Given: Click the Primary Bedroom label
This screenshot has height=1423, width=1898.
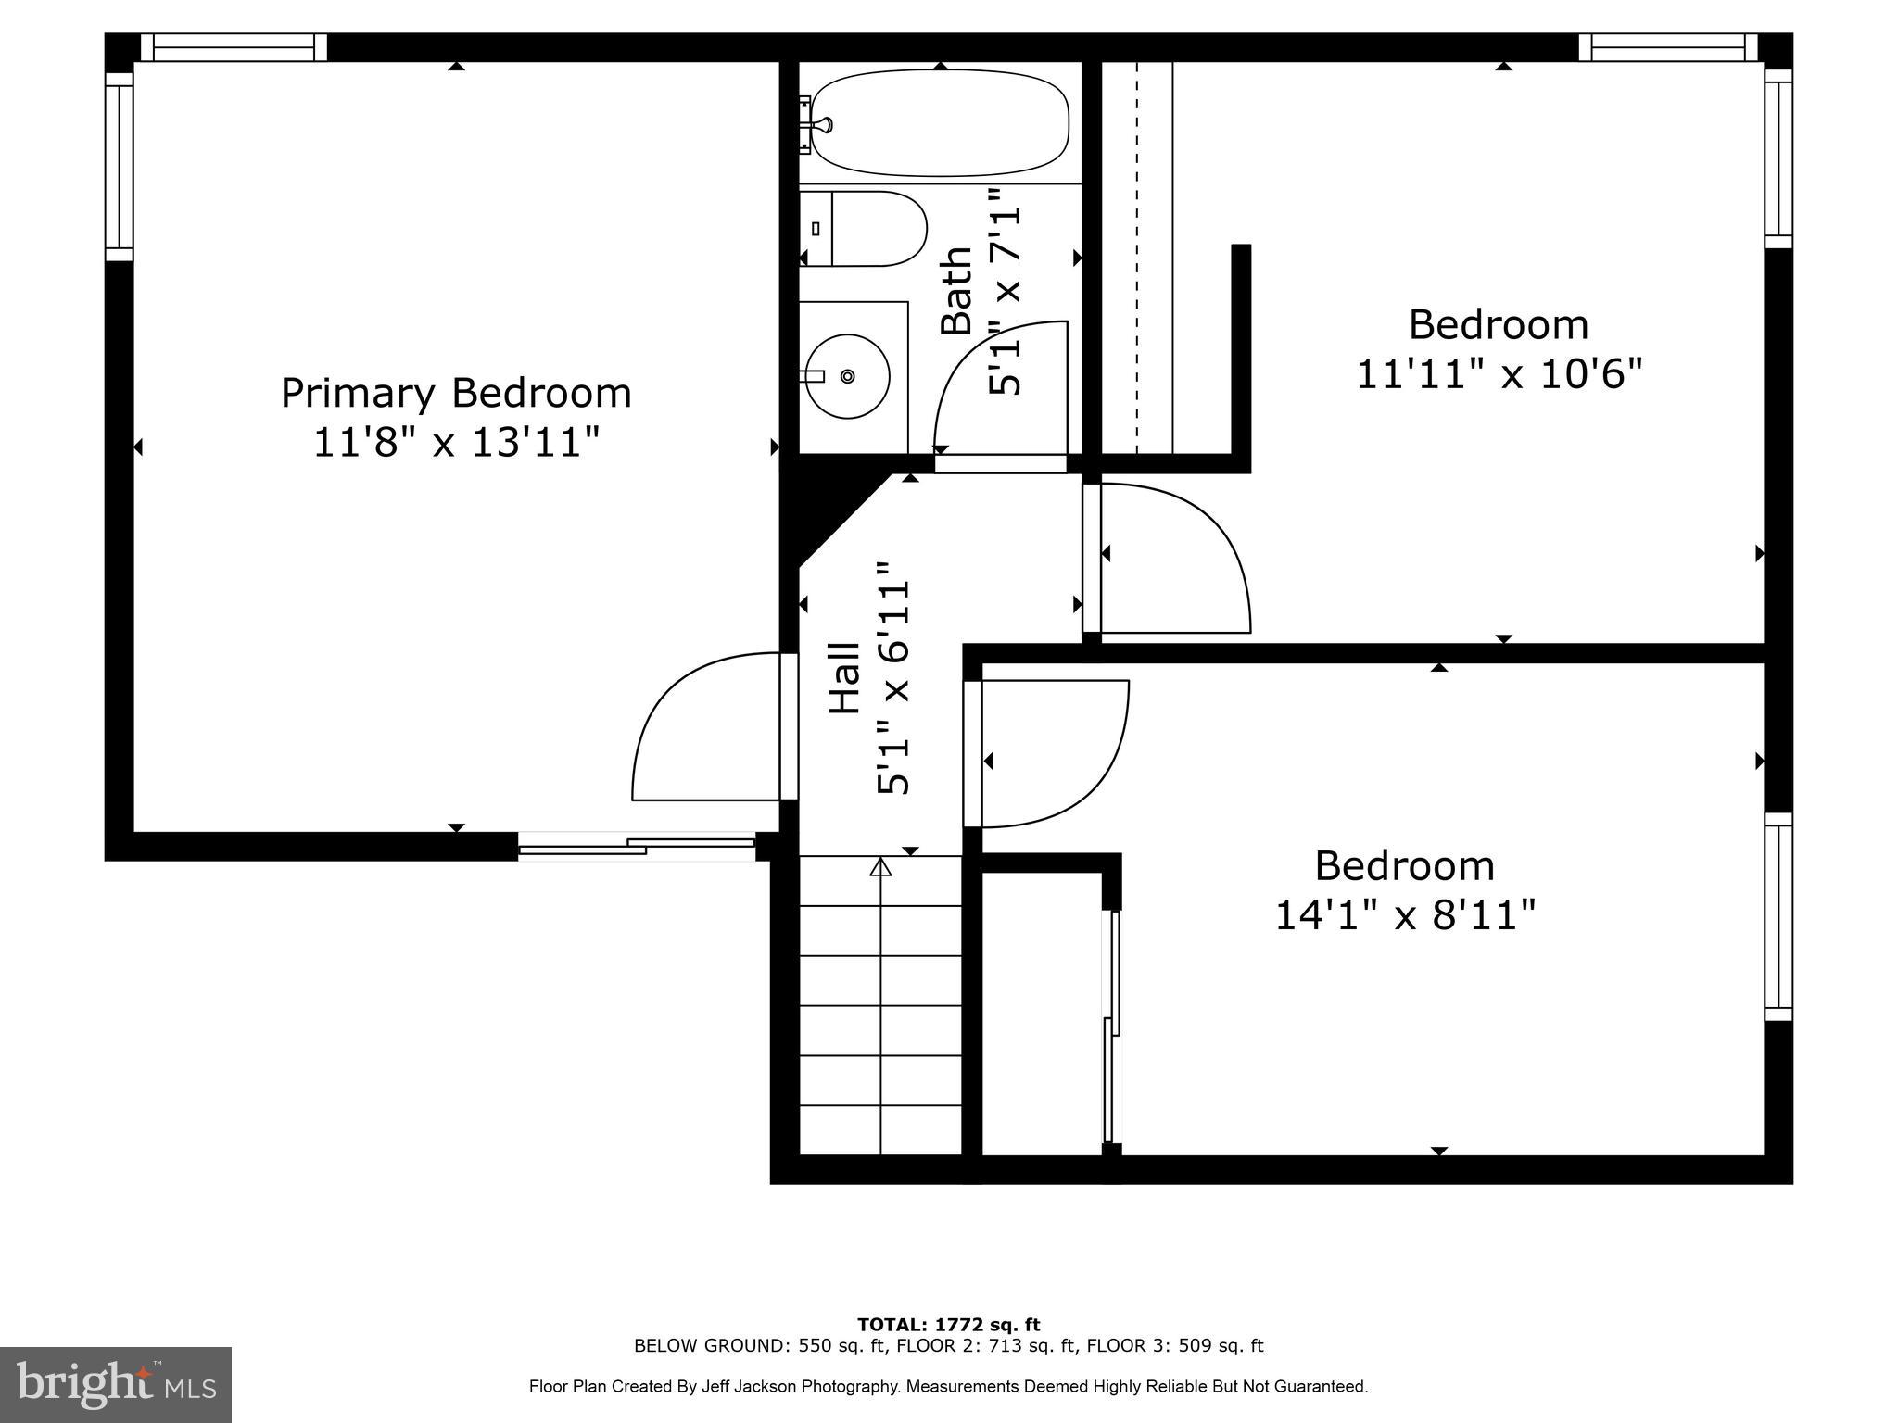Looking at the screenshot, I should (x=456, y=393).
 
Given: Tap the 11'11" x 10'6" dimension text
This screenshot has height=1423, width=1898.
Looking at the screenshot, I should (x=1499, y=375).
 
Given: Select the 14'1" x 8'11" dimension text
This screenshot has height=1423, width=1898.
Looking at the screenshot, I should (x=1405, y=915).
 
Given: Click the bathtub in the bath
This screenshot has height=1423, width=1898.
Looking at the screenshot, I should (x=940, y=122).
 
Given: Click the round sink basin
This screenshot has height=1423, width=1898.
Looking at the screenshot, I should (x=847, y=376).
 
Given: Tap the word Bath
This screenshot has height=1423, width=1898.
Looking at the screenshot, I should (x=956, y=289).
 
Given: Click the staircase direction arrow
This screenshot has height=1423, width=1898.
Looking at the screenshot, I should (x=880, y=867).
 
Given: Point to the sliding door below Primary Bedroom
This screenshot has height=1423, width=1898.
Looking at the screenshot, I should (x=637, y=846).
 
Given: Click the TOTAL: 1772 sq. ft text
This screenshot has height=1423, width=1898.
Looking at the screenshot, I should (x=948, y=1325).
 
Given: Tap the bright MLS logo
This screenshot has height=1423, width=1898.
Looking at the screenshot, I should (x=116, y=1384).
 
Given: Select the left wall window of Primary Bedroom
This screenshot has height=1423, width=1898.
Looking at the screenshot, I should (x=119, y=167).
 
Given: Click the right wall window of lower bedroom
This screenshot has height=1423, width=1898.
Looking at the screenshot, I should (x=1778, y=916).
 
